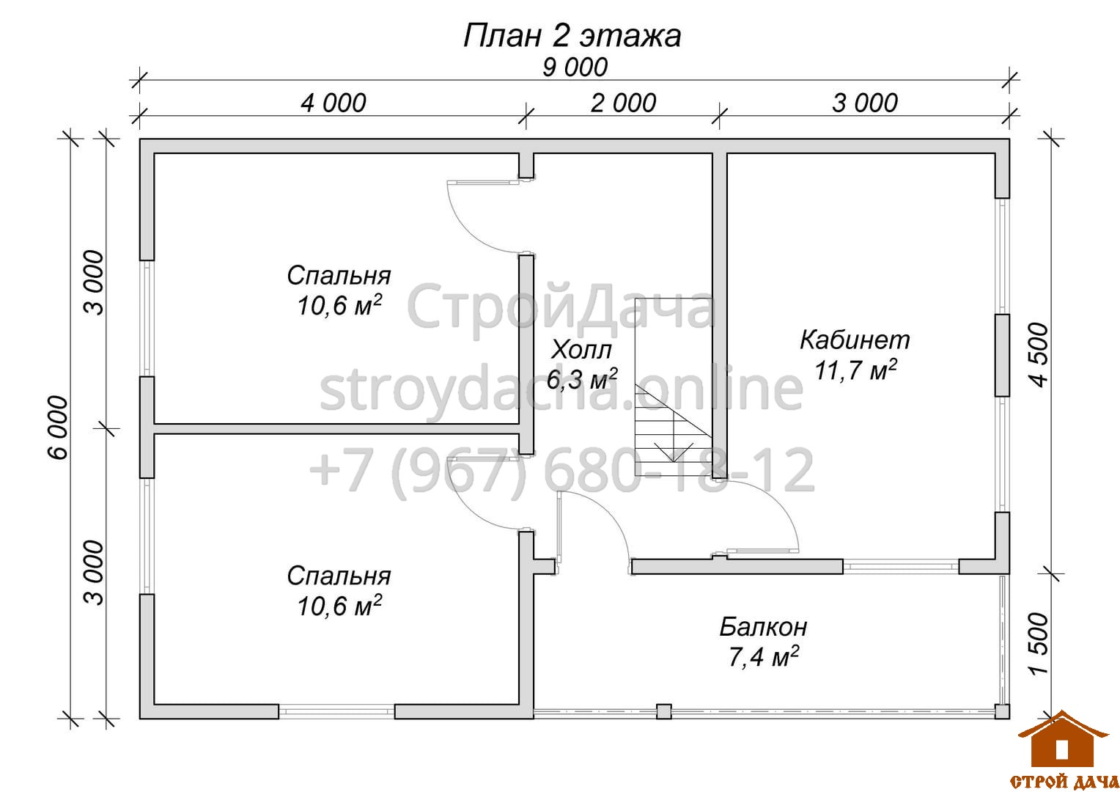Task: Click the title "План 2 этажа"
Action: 572,36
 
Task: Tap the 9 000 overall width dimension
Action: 575,67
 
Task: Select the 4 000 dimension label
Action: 334,103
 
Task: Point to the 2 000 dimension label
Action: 623,103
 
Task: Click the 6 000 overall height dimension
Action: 58,428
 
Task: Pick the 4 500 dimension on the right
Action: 1039,355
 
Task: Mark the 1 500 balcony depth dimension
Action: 1039,644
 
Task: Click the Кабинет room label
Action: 855,340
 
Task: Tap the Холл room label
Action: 581,350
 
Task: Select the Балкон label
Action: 763,628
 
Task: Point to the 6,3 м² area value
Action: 582,379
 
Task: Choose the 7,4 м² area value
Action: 763,657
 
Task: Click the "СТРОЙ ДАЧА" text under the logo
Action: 1064,781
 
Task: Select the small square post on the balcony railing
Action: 663,711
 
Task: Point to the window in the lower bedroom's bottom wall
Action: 336,711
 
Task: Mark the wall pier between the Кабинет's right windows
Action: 1002,355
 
